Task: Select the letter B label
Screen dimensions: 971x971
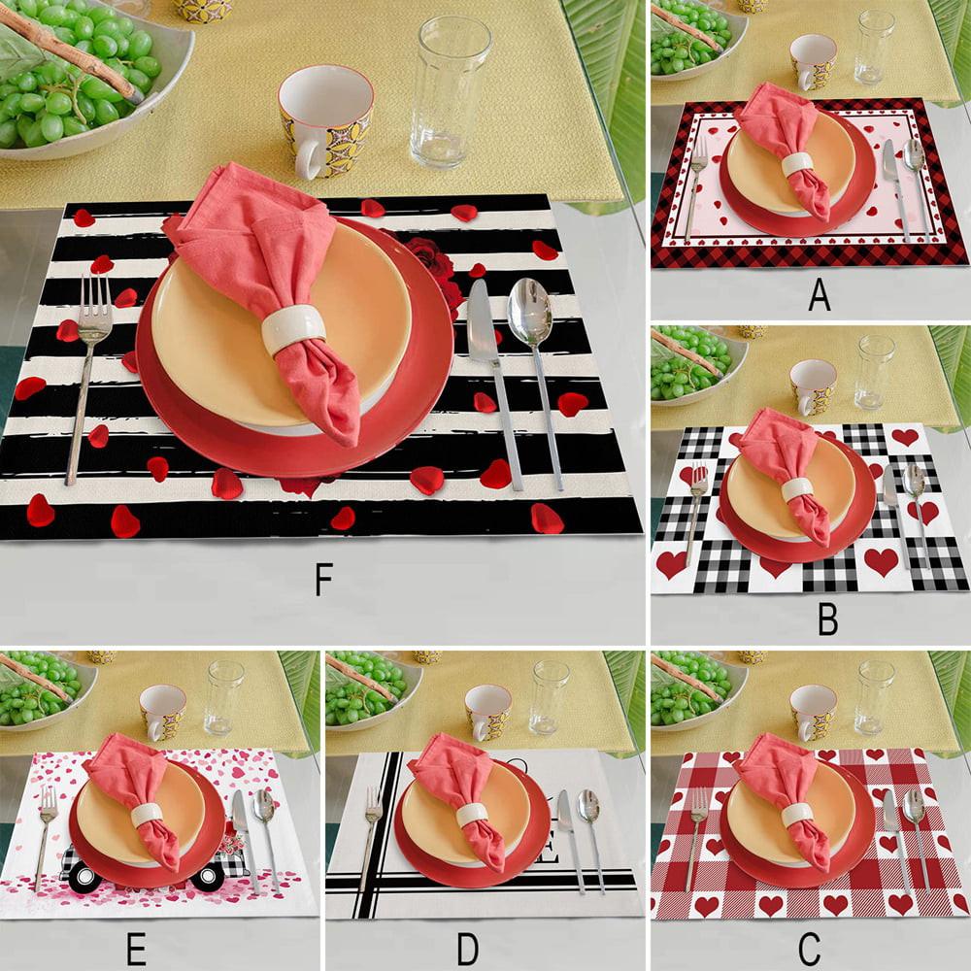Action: click(826, 618)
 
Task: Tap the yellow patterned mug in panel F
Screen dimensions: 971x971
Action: click(324, 121)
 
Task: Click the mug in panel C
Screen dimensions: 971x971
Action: click(812, 711)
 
